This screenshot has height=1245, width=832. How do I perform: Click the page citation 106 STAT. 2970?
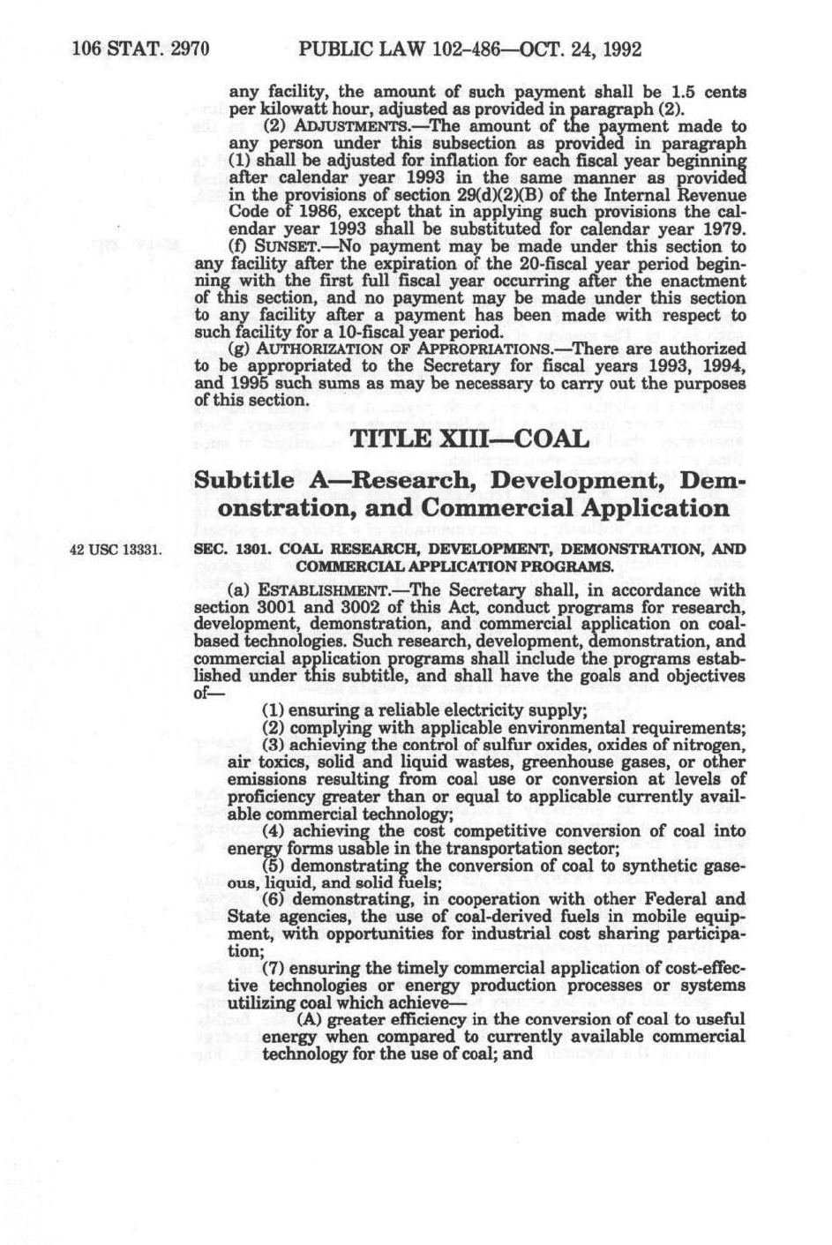click(140, 49)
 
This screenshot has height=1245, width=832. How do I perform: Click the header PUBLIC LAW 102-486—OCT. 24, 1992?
click(469, 49)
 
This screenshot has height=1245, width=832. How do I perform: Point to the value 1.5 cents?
click(710, 93)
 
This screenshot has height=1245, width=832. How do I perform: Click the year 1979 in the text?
click(726, 229)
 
